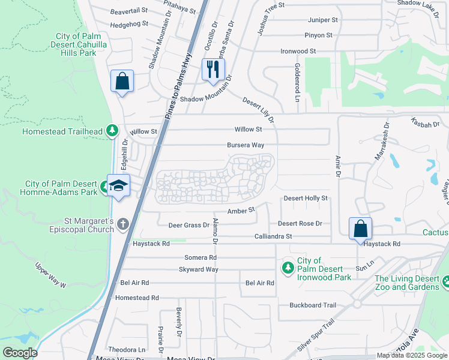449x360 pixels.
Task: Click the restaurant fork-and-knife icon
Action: point(213,69)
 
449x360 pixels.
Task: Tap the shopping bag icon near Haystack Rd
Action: point(360,229)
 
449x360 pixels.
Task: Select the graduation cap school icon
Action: point(118,185)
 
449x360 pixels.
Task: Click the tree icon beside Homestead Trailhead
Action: point(111,130)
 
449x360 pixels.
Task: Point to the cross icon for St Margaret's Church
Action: point(123,225)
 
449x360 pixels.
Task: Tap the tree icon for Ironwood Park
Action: point(288,266)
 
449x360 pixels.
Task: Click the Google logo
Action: point(19,353)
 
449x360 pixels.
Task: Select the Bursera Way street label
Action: point(246,145)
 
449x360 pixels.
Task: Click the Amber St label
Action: point(241,211)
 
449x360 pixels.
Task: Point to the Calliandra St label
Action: point(273,237)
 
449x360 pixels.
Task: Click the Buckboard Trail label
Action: point(313,305)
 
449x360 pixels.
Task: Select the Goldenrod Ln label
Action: point(297,77)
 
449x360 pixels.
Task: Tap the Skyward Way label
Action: point(197,269)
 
